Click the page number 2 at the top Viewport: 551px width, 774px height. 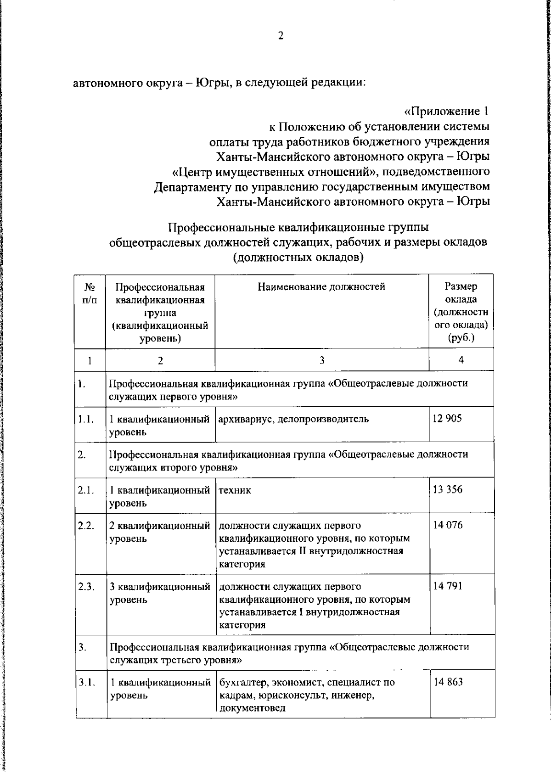point(281,36)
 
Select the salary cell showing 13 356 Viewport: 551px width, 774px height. point(448,489)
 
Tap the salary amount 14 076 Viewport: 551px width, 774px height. point(448,525)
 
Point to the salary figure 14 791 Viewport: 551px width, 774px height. point(448,586)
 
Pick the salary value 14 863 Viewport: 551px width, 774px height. point(449,682)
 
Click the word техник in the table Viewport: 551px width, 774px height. point(235,490)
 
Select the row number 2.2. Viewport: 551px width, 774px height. point(86,526)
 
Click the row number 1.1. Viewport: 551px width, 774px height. point(86,419)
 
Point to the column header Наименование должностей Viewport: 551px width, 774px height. point(321,287)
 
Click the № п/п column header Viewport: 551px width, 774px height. point(90,293)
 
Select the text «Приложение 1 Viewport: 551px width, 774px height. point(446,111)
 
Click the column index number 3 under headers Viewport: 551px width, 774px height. point(322,360)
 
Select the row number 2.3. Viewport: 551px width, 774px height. point(86,587)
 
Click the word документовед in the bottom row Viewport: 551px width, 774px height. point(253,708)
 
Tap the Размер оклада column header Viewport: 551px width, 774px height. point(461,312)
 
